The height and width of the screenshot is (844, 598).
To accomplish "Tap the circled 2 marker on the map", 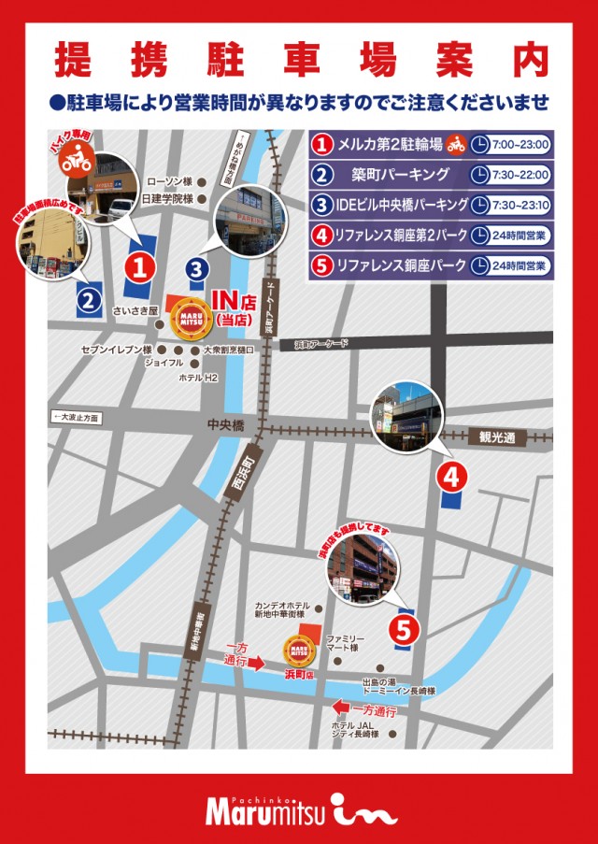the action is point(87,301).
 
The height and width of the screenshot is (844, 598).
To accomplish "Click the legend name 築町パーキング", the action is point(389,175).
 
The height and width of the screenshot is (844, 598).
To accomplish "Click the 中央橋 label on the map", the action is point(225,425).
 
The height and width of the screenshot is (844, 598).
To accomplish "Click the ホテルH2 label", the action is point(198,378).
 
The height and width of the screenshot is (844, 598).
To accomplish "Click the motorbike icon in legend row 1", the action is point(456,145).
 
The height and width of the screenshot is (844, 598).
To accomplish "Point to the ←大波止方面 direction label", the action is point(77,417).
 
